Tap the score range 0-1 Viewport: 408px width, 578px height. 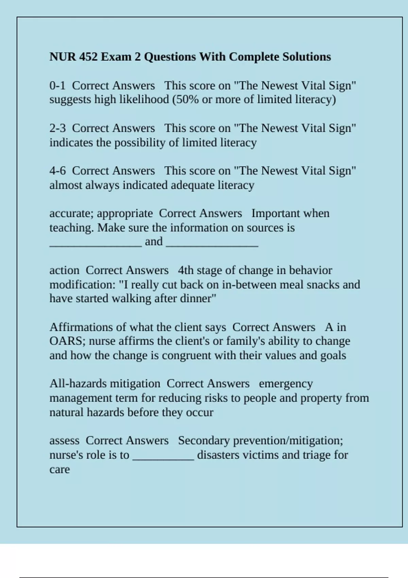[x=57, y=85]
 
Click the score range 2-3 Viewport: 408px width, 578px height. [x=57, y=128]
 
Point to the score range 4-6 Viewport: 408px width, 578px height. [x=57, y=171]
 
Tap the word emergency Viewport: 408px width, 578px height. [x=286, y=384]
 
